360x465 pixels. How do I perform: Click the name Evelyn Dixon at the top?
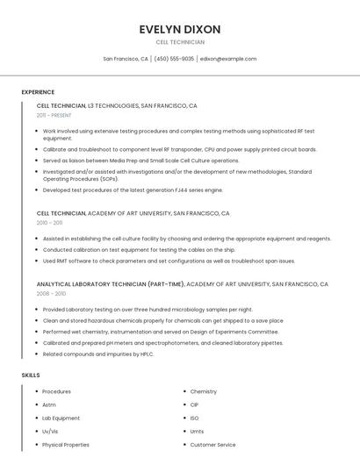179,29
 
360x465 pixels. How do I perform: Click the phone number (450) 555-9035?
175,59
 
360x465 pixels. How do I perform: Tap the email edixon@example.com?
228,59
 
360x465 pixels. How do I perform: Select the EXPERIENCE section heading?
38,92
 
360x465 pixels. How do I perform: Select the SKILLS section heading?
31,375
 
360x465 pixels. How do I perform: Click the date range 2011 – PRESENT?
54,115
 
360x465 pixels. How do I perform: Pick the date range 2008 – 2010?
51,294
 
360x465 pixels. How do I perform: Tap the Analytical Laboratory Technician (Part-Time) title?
111,284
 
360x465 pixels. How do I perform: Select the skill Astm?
49,404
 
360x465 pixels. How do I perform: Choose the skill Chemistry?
203,391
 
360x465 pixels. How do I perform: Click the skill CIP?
194,404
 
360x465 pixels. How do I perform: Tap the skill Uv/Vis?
50,432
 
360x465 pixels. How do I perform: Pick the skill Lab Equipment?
61,418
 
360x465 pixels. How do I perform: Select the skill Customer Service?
212,445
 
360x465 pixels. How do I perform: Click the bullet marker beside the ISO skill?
184,418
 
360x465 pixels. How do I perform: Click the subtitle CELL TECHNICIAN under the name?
180,42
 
